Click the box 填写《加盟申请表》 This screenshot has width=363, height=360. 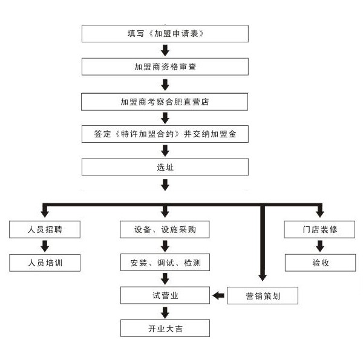(165, 33)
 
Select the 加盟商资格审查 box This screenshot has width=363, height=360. (165, 66)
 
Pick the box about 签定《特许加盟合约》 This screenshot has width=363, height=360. (165, 134)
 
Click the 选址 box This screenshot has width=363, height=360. (165, 167)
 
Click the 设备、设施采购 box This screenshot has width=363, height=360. (165, 230)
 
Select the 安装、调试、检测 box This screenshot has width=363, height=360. (165, 263)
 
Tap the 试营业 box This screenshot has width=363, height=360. (165, 295)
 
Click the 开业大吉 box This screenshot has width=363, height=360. (165, 329)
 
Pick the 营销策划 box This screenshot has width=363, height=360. (263, 296)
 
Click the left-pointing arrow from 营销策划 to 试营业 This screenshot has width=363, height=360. (218, 296)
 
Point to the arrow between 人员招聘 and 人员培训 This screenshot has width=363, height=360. (44, 246)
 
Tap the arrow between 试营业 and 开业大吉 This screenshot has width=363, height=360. (165, 312)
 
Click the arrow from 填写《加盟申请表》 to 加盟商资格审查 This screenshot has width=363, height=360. (165, 50)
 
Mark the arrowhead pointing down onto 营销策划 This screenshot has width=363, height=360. (263, 277)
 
